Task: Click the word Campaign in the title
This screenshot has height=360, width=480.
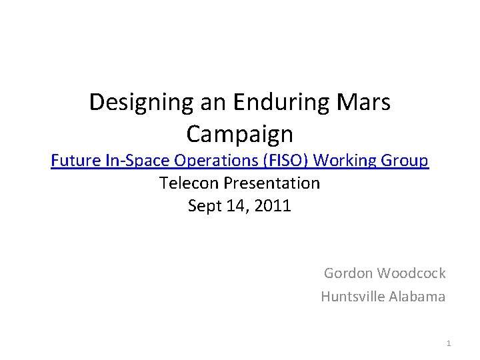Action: point(239,134)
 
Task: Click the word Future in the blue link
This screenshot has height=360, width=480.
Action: point(73,161)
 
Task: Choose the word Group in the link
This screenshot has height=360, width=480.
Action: point(403,161)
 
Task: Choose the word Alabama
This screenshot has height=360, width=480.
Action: point(417,297)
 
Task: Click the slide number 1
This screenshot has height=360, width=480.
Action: point(449,343)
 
